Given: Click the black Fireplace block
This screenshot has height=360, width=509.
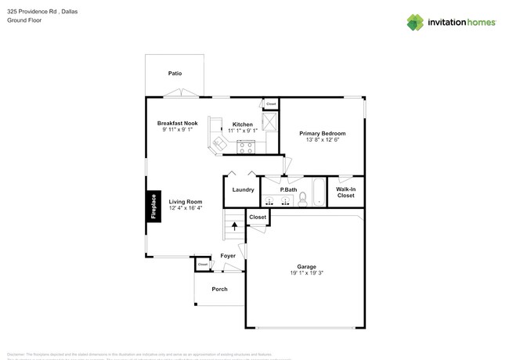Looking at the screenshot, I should pos(153,207).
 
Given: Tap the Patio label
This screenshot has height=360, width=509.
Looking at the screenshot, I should pos(175,74).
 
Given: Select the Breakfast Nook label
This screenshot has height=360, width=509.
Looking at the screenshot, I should pos(177,123).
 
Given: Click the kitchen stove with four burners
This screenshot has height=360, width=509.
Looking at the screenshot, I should pos(246,146).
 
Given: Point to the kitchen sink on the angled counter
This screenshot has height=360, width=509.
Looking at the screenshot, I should pos(217,142).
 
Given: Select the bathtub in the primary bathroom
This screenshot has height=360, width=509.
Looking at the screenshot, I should pos(319,193).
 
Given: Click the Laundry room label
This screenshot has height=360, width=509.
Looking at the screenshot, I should pos(243,189).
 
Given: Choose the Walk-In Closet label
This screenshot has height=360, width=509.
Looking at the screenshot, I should pos(345,192).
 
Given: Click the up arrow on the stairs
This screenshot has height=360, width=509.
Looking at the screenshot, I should pos(235,227).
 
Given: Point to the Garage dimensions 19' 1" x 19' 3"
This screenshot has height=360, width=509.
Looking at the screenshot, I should pos(305,273).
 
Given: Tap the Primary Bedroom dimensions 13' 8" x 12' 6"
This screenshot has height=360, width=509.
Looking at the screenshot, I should pos(322,141).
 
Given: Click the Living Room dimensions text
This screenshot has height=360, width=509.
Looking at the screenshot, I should pos(186,208).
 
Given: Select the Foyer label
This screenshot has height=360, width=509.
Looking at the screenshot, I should pos(228,256).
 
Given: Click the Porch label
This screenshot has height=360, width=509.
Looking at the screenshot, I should pos(220,290).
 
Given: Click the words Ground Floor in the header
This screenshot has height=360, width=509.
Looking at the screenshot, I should pos(23,21).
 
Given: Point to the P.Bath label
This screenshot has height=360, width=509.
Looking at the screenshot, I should pos(288,189).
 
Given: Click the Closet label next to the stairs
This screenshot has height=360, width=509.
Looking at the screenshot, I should pos(258,217).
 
